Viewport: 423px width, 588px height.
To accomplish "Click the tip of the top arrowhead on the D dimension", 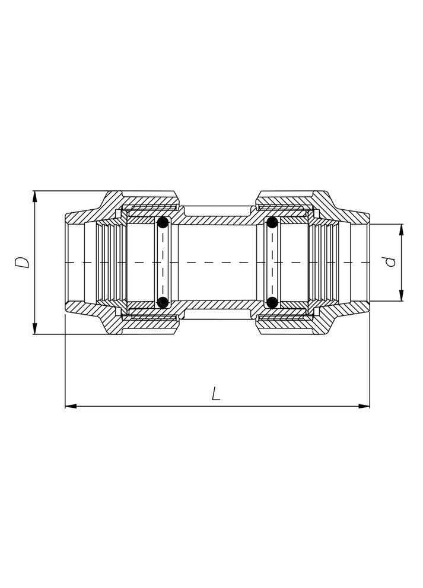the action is [35, 191].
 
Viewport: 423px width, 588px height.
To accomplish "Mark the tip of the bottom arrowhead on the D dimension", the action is [35, 334].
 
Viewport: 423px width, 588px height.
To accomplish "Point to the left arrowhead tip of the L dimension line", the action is [65, 406].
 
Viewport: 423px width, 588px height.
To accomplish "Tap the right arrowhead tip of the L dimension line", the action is [370, 406].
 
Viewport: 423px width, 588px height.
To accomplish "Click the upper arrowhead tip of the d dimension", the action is [401, 224].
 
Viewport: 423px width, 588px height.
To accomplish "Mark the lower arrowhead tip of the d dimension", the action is [401, 301].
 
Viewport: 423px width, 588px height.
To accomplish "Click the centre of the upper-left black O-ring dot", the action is [163, 223].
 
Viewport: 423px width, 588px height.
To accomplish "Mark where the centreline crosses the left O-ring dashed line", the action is [163, 262].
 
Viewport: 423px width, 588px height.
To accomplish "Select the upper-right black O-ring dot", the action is [272, 223].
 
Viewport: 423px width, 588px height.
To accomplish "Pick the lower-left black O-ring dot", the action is [163, 302].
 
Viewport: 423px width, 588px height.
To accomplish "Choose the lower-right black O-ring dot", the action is [272, 302].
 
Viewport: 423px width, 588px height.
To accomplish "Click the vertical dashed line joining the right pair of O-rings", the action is [272, 262].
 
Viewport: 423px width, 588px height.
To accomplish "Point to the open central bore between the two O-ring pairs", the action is [217, 262].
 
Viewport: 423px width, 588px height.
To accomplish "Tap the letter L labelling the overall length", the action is [216, 394].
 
